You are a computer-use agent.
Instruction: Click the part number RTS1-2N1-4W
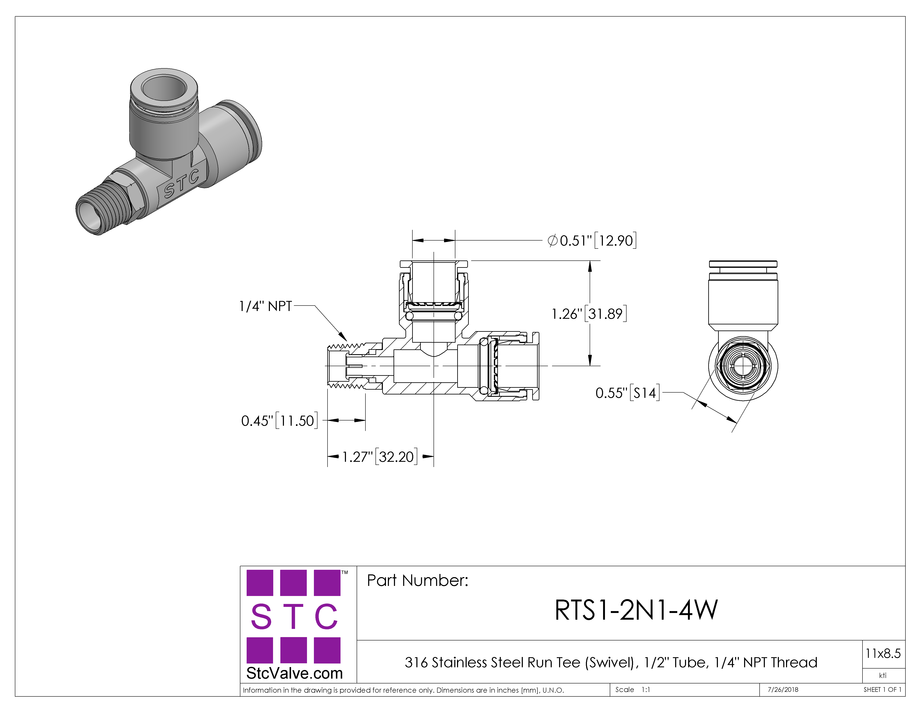[x=636, y=610]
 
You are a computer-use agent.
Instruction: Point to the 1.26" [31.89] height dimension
[x=589, y=314]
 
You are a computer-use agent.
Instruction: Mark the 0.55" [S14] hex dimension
[x=627, y=393]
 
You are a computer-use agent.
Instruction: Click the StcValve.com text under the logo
[x=294, y=673]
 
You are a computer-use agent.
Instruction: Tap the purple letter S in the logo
[x=261, y=616]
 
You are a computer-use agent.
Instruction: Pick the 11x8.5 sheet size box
[x=883, y=654]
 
